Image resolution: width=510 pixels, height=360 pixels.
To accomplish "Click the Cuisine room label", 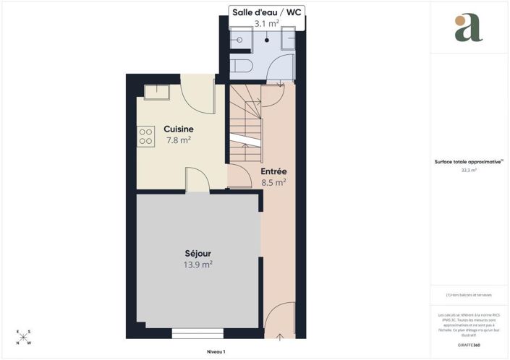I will coord(178,129).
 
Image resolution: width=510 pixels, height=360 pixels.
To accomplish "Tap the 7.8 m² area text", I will coord(178,140).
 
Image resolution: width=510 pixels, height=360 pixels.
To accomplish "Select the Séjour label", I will coord(197,254).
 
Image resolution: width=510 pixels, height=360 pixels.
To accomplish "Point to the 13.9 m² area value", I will coord(197,265).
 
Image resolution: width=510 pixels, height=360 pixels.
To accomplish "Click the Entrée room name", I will coord(274,171).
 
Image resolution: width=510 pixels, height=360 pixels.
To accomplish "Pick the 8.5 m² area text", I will coord(274,183).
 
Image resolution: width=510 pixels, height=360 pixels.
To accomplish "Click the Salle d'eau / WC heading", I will coord(265,12).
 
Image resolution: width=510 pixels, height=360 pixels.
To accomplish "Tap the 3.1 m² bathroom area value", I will coord(265,24).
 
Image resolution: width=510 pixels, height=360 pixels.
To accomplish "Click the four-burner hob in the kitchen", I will coord(145,136).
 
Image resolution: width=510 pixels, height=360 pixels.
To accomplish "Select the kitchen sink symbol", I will coord(156,92).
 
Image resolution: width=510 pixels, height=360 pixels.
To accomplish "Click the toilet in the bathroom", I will coord(245,67).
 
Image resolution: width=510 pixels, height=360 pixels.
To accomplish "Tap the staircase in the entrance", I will coord(246,123).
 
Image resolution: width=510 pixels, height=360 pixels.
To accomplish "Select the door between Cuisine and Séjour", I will coord(197,181).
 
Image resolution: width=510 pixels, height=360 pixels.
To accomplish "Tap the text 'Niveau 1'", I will coord(216,352).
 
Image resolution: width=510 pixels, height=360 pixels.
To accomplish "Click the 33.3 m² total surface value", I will coord(468,171).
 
